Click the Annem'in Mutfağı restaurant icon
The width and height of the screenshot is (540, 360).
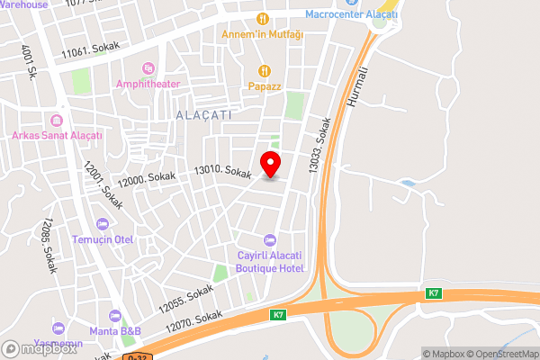[263, 18]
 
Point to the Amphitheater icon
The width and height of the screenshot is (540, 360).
[148, 68]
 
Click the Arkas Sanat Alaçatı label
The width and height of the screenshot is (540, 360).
[57, 135]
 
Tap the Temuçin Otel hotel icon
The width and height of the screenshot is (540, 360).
[103, 223]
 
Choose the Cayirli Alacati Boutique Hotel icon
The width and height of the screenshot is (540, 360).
[269, 239]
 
